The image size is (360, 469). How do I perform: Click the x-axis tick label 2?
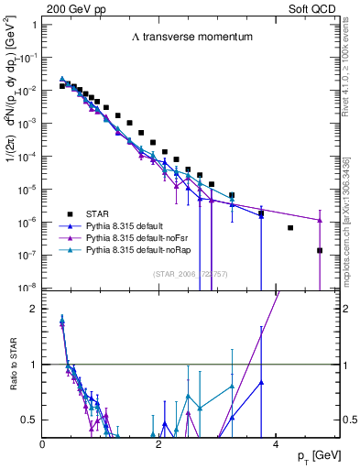(159, 443)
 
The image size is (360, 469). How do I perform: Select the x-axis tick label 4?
(276, 443)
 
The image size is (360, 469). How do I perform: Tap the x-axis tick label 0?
(43, 443)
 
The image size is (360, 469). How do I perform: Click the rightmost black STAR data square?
(320, 250)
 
